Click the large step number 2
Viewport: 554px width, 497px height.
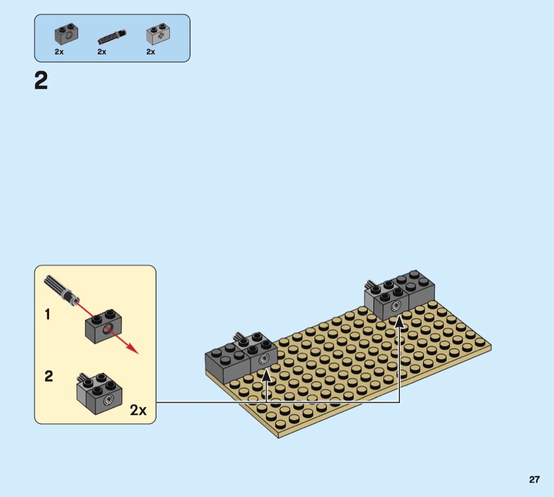(x=41, y=81)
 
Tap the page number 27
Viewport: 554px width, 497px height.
(x=534, y=480)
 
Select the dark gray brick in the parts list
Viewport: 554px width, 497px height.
(x=66, y=34)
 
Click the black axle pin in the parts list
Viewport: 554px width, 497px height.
(x=112, y=36)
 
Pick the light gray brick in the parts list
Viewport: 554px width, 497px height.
(x=158, y=34)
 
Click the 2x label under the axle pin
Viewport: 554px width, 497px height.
(x=102, y=52)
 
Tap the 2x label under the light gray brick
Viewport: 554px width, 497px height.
(x=150, y=52)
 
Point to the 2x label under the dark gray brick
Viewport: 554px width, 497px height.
(x=59, y=52)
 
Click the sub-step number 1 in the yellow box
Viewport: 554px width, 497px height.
(x=47, y=314)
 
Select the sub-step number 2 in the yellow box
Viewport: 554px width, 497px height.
(x=49, y=376)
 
